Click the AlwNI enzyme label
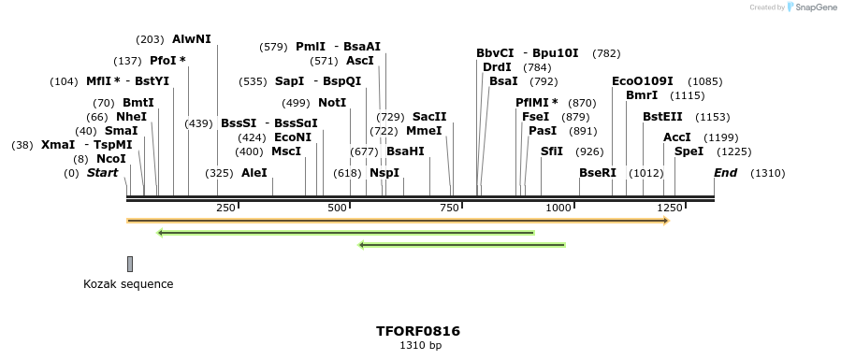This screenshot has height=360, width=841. pyautogui.click(x=192, y=39)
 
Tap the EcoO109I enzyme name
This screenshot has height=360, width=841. pyautogui.click(x=642, y=81)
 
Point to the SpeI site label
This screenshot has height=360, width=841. pyautogui.click(x=689, y=151)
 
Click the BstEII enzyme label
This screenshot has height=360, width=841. pyautogui.click(x=662, y=117)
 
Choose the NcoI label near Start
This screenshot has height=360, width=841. pyautogui.click(x=110, y=159)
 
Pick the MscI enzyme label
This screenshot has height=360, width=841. pyautogui.click(x=286, y=151)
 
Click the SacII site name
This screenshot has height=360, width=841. pyautogui.click(x=429, y=117)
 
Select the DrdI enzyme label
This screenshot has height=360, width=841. pyautogui.click(x=497, y=67)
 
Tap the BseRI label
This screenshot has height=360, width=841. pyautogui.click(x=598, y=173)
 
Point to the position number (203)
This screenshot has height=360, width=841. pyautogui.click(x=150, y=39)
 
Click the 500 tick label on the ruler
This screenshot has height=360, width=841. pyautogui.click(x=338, y=207)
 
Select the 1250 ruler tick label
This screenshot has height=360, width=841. pyautogui.click(x=670, y=207)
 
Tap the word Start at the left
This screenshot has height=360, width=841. pyautogui.click(x=103, y=173)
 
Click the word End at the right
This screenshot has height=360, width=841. pyautogui.click(x=726, y=173)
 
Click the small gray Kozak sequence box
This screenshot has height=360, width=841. pyautogui.click(x=130, y=264)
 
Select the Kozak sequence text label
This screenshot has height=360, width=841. pyautogui.click(x=128, y=284)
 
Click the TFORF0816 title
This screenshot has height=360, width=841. pyautogui.click(x=418, y=331)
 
